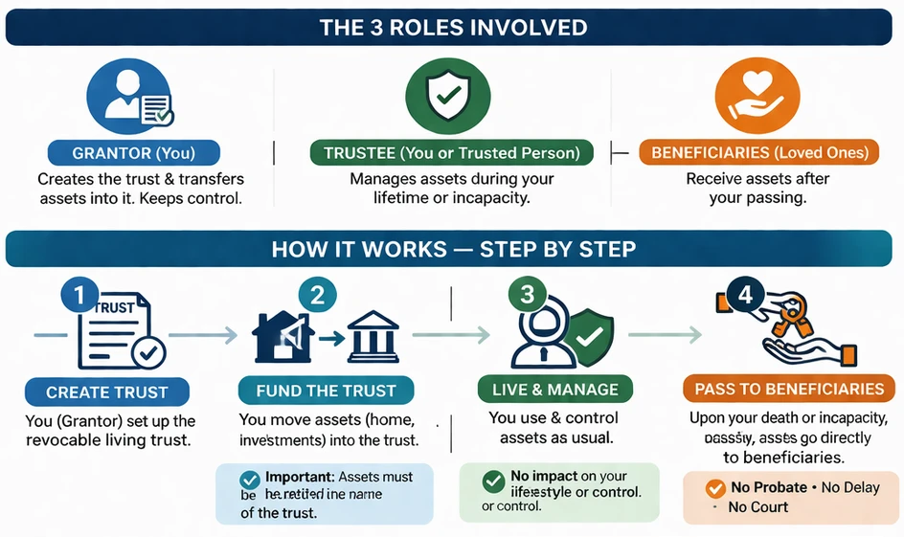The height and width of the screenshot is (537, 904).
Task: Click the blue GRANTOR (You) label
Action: [133, 152]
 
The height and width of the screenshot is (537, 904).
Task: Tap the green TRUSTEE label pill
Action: [451, 153]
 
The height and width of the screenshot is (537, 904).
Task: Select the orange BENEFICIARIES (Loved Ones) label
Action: [759, 153]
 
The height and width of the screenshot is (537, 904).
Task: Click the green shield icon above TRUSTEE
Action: [447, 96]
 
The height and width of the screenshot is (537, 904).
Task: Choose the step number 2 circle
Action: [318, 297]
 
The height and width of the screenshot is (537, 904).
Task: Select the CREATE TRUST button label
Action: [106, 392]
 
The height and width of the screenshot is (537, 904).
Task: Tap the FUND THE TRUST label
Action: [326, 391]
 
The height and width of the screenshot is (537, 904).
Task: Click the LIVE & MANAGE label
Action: [554, 390]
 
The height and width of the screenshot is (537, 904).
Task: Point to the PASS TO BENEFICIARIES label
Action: [789, 389]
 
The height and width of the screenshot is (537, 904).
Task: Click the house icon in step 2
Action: [283, 336]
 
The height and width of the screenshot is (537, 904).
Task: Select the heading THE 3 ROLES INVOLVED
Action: [452, 28]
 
